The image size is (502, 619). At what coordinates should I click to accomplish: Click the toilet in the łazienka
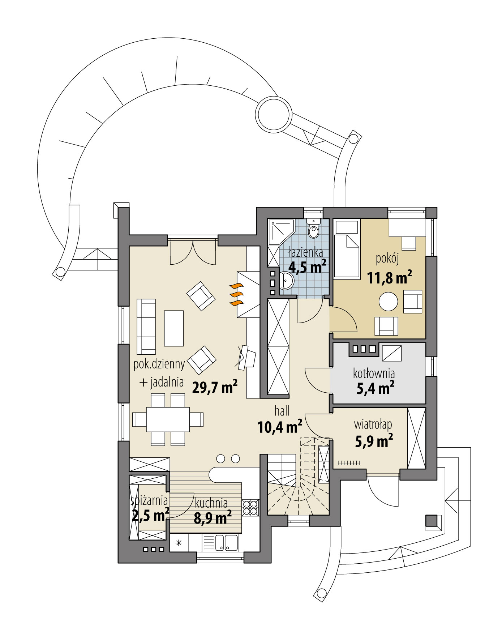[313, 230]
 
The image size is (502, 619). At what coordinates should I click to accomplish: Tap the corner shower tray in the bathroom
[279, 231]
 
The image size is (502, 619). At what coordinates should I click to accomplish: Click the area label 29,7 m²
[215, 388]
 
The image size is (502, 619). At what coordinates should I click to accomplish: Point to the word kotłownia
[374, 373]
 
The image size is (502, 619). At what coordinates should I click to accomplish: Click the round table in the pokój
[388, 301]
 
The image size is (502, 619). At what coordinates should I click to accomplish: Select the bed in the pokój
[347, 256]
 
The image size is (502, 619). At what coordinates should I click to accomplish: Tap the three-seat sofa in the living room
[146, 326]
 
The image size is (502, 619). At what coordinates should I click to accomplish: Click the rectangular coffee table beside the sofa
[174, 328]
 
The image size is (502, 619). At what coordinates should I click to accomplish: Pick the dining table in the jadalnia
[168, 419]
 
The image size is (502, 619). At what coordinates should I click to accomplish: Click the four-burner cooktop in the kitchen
[250, 507]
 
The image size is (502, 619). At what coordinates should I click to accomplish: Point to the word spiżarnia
[149, 500]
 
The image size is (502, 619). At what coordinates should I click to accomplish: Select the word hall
[282, 411]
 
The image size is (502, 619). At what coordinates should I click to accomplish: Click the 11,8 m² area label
[389, 278]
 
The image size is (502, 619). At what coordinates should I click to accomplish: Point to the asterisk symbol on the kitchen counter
[179, 543]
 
